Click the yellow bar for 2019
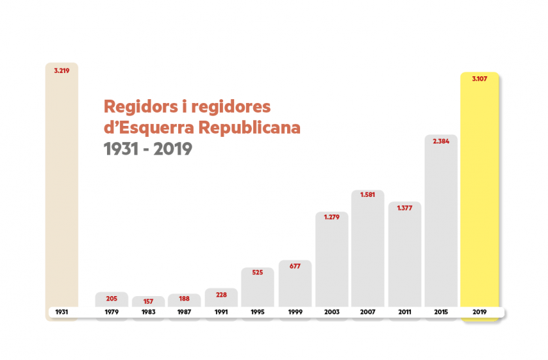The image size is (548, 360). (479, 196)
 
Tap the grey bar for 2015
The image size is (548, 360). (441, 222)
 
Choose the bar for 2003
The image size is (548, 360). (331, 261)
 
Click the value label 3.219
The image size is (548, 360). (62, 70)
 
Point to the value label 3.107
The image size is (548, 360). (479, 79)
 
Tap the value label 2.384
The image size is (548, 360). (441, 141)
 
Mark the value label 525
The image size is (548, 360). (257, 273)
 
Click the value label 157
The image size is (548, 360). (148, 301)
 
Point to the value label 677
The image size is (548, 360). (294, 266)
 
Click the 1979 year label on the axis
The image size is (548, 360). (112, 312)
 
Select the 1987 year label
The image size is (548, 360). (185, 312)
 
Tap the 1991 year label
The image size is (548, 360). (221, 312)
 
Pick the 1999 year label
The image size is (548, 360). (294, 312)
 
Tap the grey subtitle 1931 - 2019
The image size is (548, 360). (147, 149)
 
